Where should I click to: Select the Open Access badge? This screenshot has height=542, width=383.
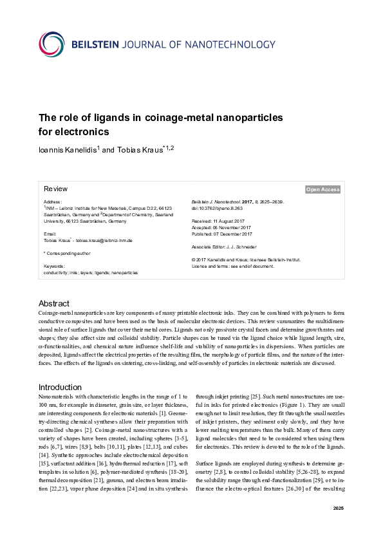point(323,189)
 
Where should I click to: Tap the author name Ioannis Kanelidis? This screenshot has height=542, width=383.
point(68,150)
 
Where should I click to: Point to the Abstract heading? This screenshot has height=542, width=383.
point(54,303)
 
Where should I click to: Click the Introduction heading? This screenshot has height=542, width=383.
point(61,387)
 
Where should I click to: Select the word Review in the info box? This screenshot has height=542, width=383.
point(55,189)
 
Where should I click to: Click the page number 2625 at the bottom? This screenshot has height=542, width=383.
point(338,527)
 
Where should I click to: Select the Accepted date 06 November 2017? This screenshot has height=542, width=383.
point(220,227)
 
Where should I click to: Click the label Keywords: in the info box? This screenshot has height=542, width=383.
point(55,266)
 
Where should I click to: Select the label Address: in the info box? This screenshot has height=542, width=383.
point(53,202)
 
